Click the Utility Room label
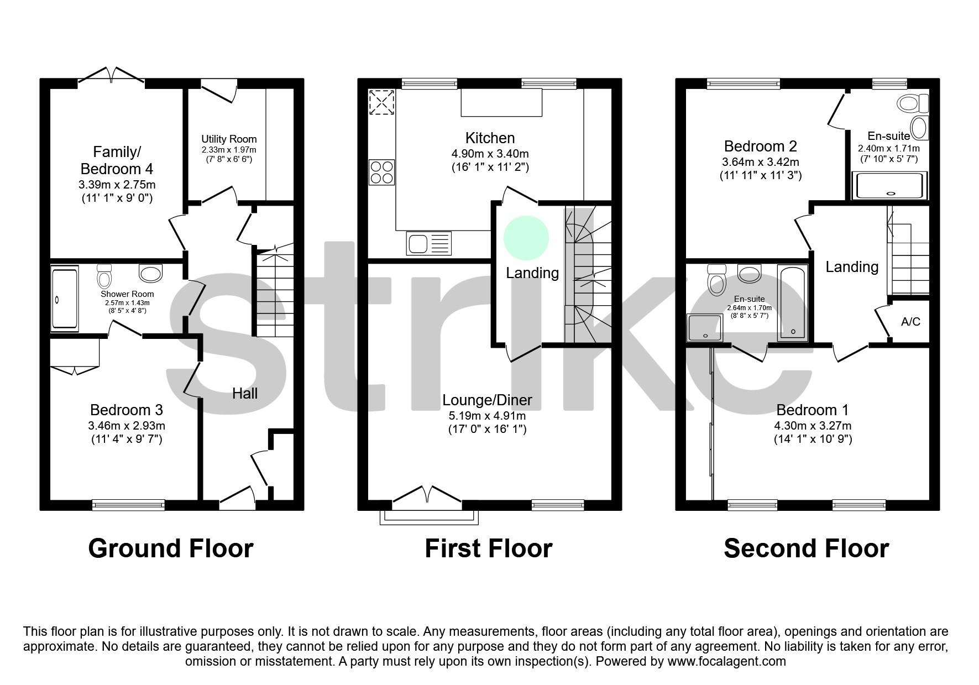coord(229,139)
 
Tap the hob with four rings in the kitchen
coord(381,172)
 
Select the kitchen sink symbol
coord(428,243)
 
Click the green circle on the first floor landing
coord(526,238)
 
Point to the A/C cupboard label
coord(910,322)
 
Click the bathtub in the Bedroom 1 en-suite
coord(793,303)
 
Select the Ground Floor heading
coord(171,548)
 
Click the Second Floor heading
coord(806,548)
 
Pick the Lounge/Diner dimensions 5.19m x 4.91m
coord(487,416)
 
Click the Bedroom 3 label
coord(127,410)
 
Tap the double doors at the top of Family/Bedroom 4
coord(112,76)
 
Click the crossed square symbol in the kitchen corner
coord(381,102)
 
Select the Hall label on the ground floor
coord(245,393)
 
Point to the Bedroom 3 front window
coord(128,504)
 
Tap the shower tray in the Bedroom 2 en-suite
coord(889,185)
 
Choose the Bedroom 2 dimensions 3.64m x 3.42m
coord(760,162)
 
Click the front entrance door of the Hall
coord(238,496)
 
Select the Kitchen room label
coord(490,138)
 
